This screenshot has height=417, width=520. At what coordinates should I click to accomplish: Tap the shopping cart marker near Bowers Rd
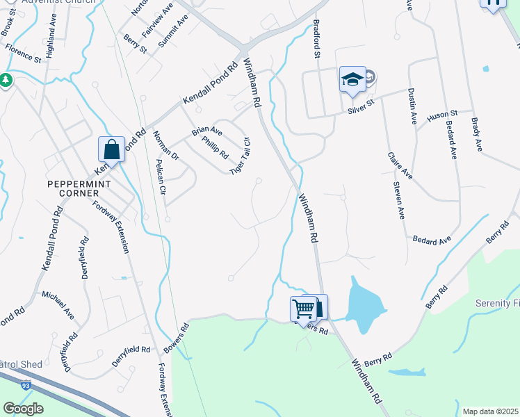(x=303, y=309)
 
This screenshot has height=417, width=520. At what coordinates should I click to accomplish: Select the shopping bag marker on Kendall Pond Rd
(x=111, y=149)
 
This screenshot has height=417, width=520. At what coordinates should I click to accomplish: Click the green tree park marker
(x=6, y=81)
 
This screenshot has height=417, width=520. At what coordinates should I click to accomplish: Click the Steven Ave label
(x=398, y=201)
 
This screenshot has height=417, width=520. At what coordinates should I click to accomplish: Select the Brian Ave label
(x=207, y=131)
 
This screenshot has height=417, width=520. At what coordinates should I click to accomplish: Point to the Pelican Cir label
(x=161, y=177)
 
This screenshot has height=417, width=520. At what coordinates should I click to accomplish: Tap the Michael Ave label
(x=58, y=305)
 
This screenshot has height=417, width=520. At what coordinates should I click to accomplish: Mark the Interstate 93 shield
(x=26, y=384)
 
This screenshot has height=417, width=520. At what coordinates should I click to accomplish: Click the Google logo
(x=23, y=409)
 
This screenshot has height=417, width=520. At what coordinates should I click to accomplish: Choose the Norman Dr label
(x=166, y=145)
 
